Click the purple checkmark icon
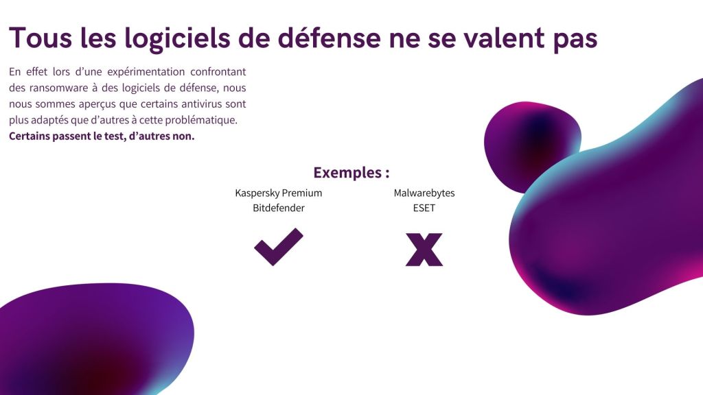pyautogui.click(x=279, y=247)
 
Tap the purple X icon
pyautogui.click(x=424, y=250)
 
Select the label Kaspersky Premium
pyautogui.click(x=279, y=193)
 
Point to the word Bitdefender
pyautogui.click(x=279, y=208)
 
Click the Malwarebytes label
pyautogui.click(x=424, y=193)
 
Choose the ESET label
pyautogui.click(x=424, y=208)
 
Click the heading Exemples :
pyautogui.click(x=351, y=172)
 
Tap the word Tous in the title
pyautogui.click(x=41, y=38)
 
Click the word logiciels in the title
pyautogui.click(x=178, y=38)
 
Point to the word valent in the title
pyautogui.click(x=503, y=38)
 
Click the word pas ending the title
pyautogui.click(x=575, y=40)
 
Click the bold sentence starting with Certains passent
pyautogui.click(x=102, y=136)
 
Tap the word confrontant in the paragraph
pyautogui.click(x=218, y=71)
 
